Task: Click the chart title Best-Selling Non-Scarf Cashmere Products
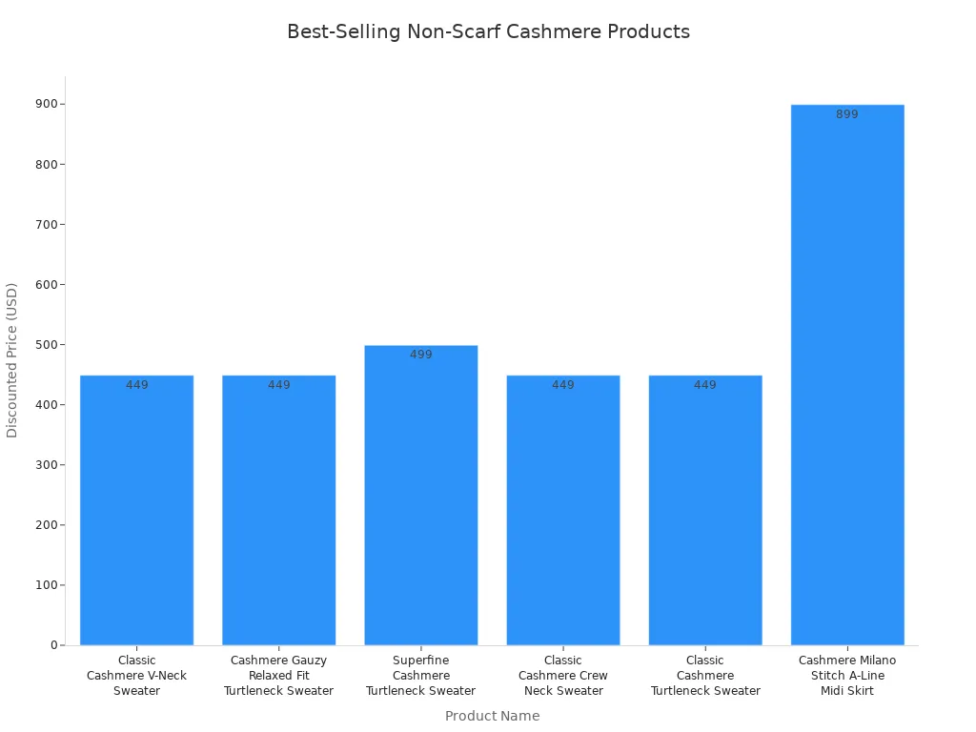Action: tap(488, 31)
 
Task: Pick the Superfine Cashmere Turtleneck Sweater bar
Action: tap(420, 495)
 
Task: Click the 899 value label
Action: tap(847, 114)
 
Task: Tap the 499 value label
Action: tap(420, 355)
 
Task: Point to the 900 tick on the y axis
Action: tap(45, 104)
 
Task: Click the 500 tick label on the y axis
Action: tap(45, 345)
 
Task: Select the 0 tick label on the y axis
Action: tap(54, 645)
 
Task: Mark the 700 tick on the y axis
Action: tap(45, 225)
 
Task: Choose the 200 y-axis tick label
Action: tap(45, 525)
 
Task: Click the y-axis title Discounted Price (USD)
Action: tap(12, 360)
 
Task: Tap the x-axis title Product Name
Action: tap(492, 716)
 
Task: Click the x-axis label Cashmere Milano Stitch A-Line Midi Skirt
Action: tap(847, 675)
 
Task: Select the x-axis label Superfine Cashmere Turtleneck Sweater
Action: tap(420, 675)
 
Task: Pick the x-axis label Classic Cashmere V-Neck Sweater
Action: tap(136, 675)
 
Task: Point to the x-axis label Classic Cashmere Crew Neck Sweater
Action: tap(562, 675)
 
